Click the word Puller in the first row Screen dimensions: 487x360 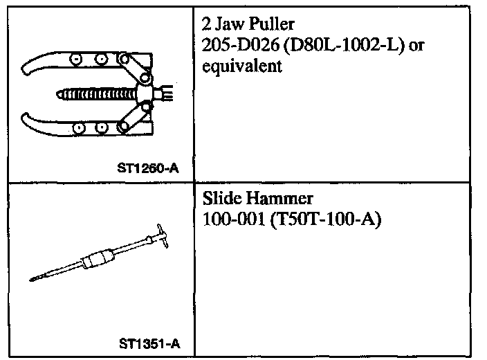271,24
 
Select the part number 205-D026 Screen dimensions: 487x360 241,45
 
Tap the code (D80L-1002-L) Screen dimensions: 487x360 344,46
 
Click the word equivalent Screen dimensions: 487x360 242,66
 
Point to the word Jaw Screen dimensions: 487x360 230,24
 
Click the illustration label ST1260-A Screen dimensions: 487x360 148,168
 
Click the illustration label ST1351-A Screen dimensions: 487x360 149,344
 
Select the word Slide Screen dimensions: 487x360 222,198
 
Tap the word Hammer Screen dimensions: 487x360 280,198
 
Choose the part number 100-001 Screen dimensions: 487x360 234,219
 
